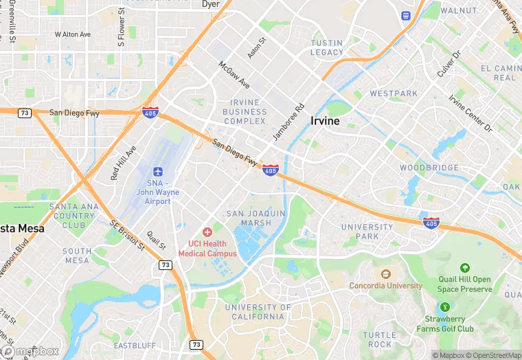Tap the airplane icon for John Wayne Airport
tap(158, 171)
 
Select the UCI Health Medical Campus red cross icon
tap(207, 234)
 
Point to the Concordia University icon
tap(385, 274)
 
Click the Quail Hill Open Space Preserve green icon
tap(465, 268)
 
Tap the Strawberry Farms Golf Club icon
tap(445, 307)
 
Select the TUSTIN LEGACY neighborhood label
tap(326, 47)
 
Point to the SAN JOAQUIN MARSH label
tap(256, 218)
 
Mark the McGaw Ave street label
tap(234, 74)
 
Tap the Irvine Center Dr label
tap(470, 113)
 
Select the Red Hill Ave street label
tap(124, 163)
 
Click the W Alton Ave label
tap(72, 34)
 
